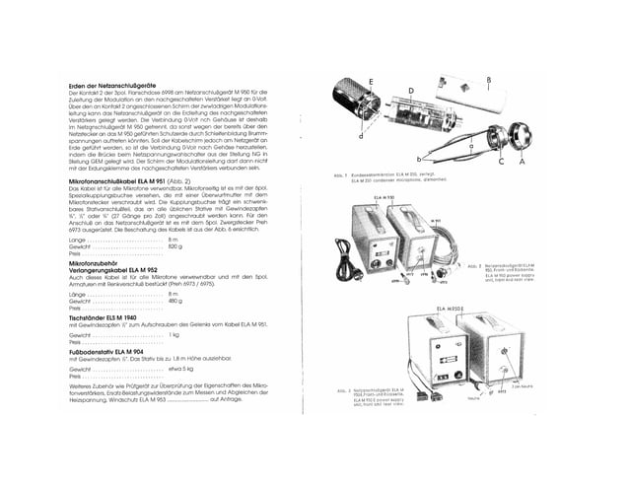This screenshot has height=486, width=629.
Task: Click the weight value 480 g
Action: click(x=175, y=301)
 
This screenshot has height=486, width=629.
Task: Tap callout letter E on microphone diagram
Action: click(x=370, y=78)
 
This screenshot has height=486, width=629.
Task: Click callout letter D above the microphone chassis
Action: click(x=410, y=89)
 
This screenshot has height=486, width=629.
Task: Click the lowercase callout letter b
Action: click(x=420, y=159)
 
